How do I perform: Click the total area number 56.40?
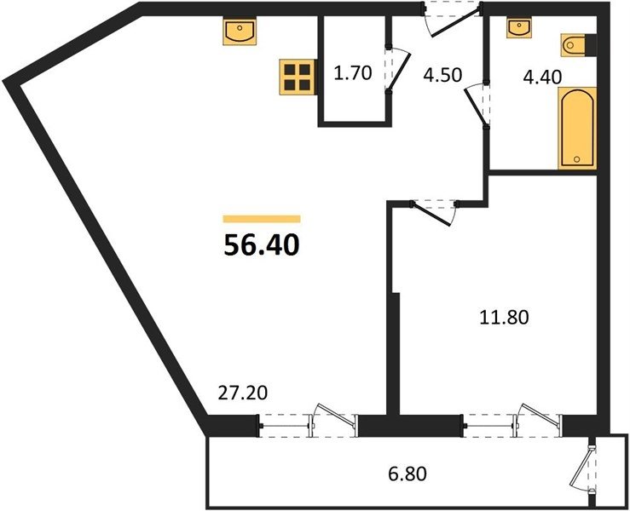tap(262, 245)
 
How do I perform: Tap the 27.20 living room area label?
tap(243, 393)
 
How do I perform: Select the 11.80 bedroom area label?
tap(504, 317)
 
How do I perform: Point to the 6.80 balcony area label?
tap(407, 474)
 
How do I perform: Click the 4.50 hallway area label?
tap(442, 75)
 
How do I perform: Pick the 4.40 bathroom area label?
tap(542, 77)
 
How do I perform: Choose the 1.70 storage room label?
tap(353, 73)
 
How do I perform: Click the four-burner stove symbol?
tap(297, 77)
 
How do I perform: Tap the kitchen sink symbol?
tap(240, 32)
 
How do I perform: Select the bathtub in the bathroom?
tap(577, 128)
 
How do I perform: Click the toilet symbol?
tap(578, 44)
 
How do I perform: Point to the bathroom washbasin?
tap(520, 28)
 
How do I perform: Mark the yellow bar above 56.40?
tap(262, 219)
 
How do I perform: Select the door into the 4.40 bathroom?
tap(476, 106)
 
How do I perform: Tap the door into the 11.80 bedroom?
tap(434, 215)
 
